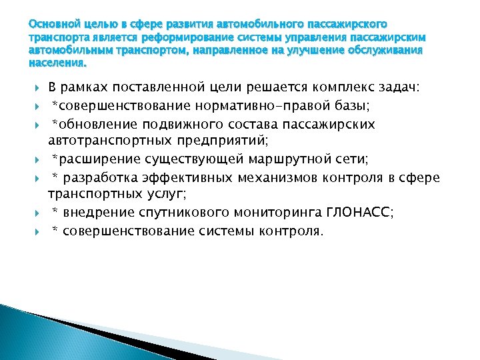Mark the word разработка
(x=101, y=178)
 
